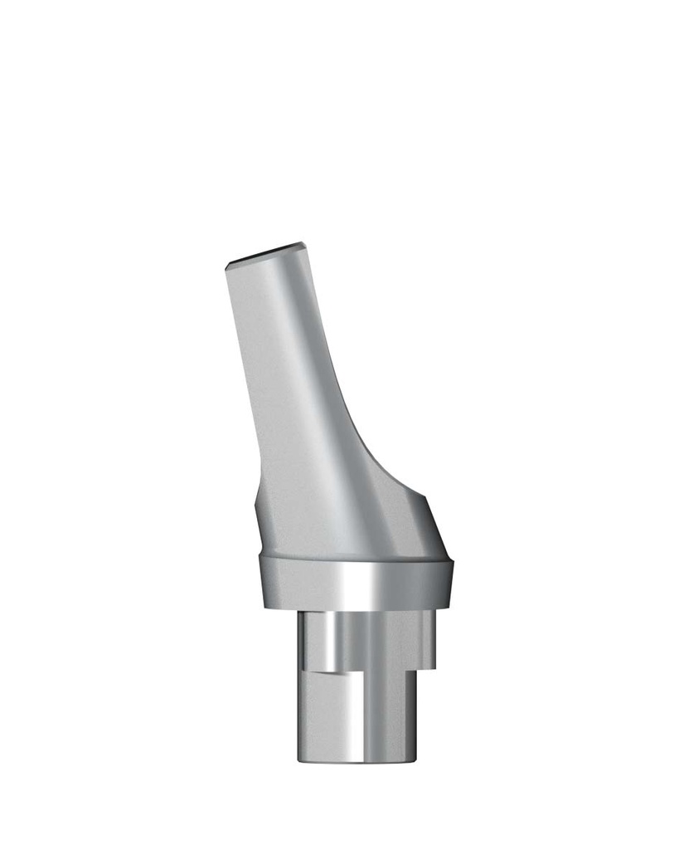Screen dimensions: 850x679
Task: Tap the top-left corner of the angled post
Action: pyautogui.click(x=226, y=265)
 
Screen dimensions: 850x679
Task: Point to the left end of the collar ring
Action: pyautogui.click(x=261, y=581)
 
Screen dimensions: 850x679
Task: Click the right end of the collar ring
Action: pyautogui.click(x=452, y=581)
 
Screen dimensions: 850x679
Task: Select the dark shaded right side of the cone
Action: pyautogui.click(x=415, y=531)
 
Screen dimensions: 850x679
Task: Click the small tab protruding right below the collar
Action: pyautogui.click(x=427, y=639)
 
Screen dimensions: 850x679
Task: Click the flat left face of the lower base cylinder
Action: pyautogui.click(x=319, y=718)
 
